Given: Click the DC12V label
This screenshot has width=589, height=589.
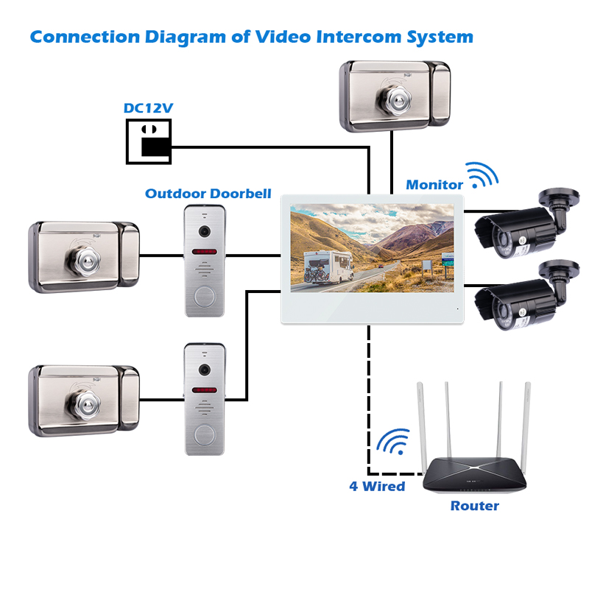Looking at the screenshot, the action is tap(148, 108).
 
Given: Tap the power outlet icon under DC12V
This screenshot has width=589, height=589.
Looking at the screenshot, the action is tap(149, 141).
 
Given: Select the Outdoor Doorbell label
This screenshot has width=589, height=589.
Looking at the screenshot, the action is tap(208, 194).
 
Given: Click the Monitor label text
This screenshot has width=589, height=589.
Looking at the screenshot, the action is tap(434, 185).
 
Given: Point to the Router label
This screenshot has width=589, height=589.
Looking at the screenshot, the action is tap(474, 506).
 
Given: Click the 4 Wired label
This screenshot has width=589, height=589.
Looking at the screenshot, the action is tap(377, 486).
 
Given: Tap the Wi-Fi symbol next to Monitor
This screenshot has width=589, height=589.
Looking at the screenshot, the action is tap(482, 175).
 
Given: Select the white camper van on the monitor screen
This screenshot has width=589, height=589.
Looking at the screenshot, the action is tap(328, 267).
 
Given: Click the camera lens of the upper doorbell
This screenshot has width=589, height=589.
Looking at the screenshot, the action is tap(205, 231).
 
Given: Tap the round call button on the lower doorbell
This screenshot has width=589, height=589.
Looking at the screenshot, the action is tap(205, 434).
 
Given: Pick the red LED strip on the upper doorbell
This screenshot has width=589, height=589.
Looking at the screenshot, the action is tap(205, 251).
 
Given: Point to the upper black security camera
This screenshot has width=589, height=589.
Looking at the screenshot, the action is tap(526, 224).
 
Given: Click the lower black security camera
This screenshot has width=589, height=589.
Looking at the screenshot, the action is tap(526, 296).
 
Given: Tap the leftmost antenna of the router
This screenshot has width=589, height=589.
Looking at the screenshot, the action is tap(421, 426).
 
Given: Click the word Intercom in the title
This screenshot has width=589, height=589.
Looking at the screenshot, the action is tap(359, 37).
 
